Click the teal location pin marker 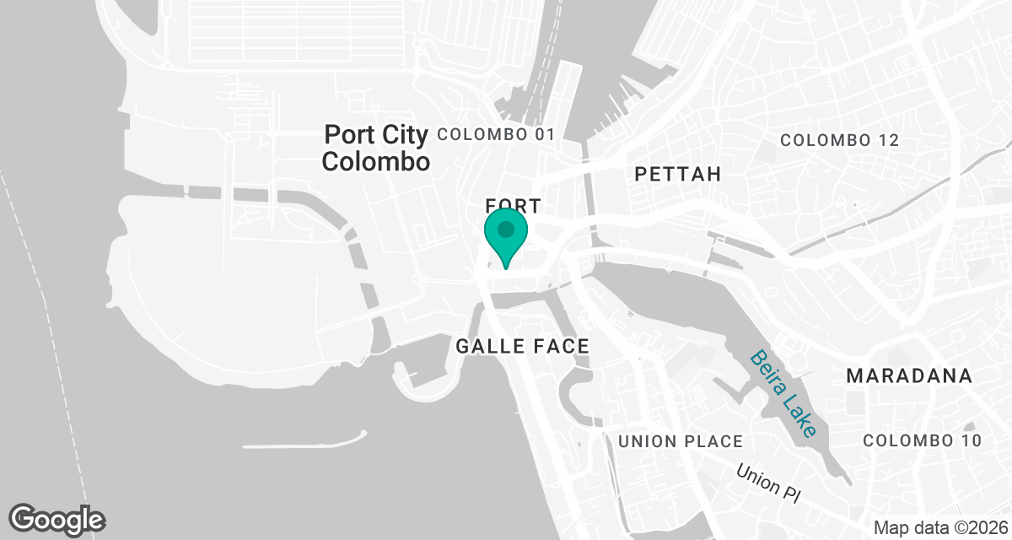[505, 234]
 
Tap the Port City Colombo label [377, 148]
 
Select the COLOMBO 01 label [497, 134]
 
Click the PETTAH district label [678, 175]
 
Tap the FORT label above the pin [506, 205]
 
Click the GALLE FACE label [522, 346]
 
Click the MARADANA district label [909, 375]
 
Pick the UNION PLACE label [681, 441]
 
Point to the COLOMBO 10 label [923, 440]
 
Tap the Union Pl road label [767, 483]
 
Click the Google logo [57, 519]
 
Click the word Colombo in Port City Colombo [377, 161]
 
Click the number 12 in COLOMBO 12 [888, 140]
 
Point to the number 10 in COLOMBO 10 [970, 440]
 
